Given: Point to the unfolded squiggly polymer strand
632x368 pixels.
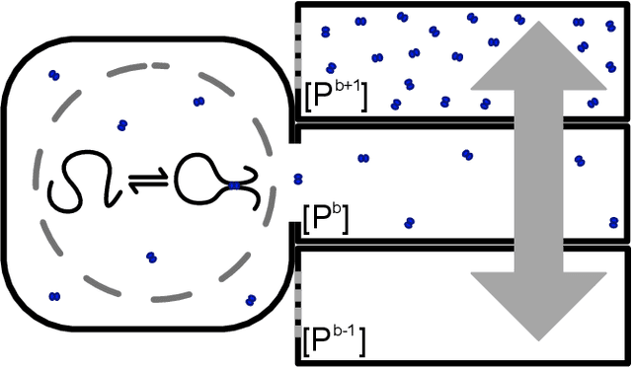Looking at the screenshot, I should [85, 182].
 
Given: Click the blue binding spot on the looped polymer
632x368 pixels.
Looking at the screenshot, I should [235, 184].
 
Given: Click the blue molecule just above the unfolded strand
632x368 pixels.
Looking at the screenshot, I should [122, 125].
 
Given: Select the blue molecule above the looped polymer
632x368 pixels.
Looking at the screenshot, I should [199, 102].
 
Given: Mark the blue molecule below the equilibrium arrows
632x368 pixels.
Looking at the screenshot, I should [152, 258].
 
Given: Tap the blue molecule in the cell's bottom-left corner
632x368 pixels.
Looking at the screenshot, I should [53, 295].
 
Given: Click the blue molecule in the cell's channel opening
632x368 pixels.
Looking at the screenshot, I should [298, 178].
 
